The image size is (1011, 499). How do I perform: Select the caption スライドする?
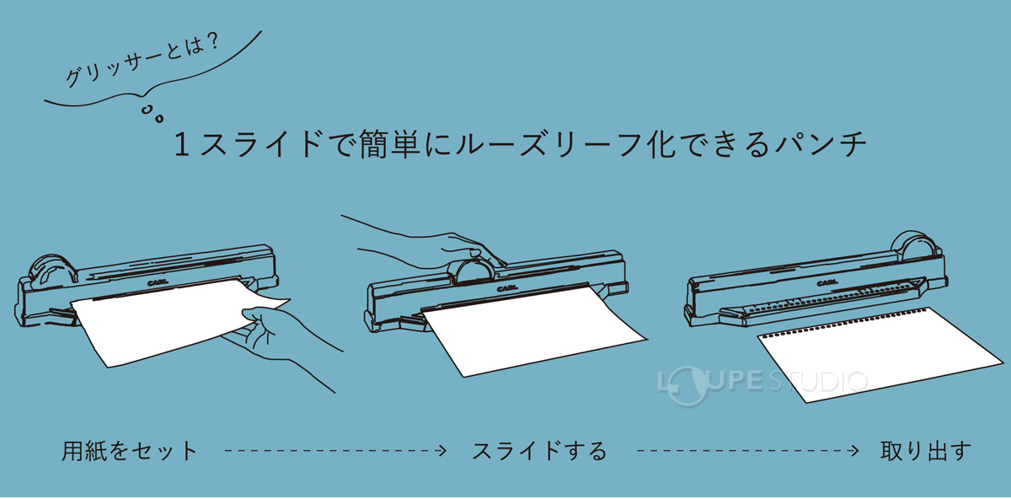click(539, 451)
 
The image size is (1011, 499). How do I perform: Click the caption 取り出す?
click(925, 451)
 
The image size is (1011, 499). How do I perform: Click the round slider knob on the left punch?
click(49, 272)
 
